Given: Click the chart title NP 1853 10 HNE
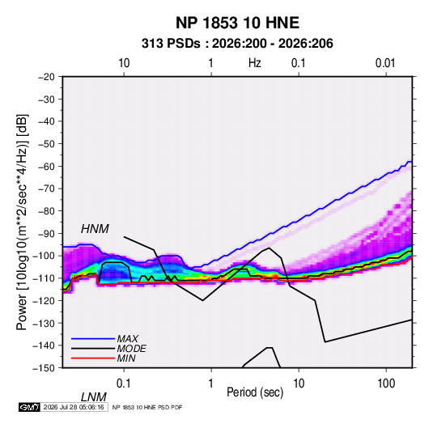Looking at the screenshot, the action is coord(237,23).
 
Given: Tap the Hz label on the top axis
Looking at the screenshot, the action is coord(255,63).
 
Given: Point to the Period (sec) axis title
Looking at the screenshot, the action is coord(255,392).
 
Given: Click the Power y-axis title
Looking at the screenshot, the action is coord(23,222).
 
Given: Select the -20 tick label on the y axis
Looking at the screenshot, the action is coord(46,77).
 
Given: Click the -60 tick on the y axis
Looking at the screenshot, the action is coord(46,166).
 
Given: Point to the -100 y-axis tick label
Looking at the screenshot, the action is coord(44,256).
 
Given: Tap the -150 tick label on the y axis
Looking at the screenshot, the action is coord(44,368).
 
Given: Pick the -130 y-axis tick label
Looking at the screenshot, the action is coord(44,323).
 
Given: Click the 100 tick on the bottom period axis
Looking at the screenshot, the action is coord(386,384).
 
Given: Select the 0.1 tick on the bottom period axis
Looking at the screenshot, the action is coord(124,384).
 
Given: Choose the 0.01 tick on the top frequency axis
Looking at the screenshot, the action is coord(385,63).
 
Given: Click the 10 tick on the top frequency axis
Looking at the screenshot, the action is coord(124,63).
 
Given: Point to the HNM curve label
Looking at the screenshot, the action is coord(95,229).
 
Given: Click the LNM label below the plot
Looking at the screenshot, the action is coord(94,397).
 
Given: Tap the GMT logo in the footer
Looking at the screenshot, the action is coord(29,407).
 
